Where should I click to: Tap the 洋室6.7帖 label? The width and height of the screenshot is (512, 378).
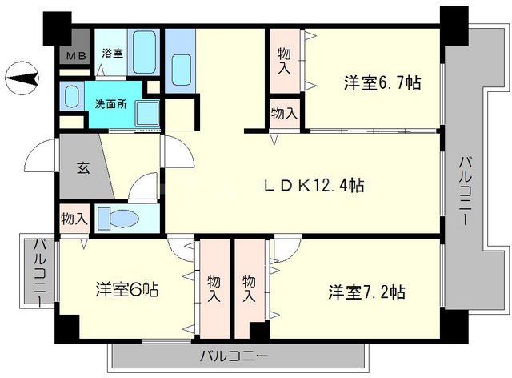pyautogui.click(x=383, y=82)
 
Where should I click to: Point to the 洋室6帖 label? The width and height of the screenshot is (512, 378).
pyautogui.click(x=127, y=289)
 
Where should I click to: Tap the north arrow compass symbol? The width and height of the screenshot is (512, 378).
pyautogui.click(x=25, y=78)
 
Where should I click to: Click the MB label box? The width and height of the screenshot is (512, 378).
pyautogui.click(x=75, y=55)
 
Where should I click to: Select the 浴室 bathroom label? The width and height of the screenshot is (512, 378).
pyautogui.click(x=112, y=54)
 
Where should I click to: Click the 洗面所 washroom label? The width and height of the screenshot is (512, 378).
pyautogui.click(x=110, y=103)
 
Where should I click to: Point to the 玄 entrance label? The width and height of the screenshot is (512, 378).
pyautogui.click(x=82, y=168)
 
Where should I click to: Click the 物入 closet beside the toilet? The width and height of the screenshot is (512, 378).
pyautogui.click(x=74, y=218)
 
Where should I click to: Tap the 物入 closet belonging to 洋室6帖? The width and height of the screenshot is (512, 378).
pyautogui.click(x=214, y=288)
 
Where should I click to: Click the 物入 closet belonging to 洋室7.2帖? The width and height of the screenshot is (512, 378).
pyautogui.click(x=249, y=288)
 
